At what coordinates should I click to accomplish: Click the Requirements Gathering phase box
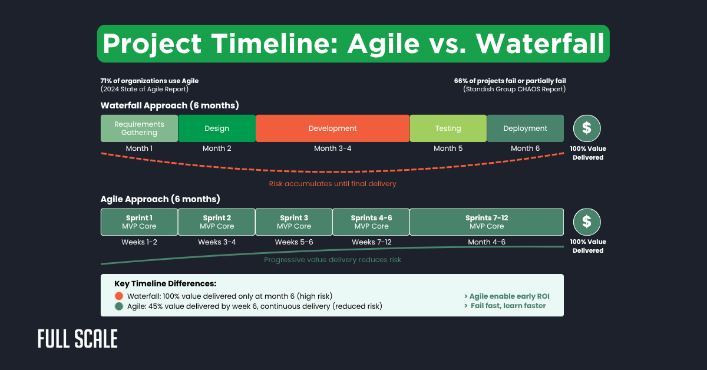(x=139, y=128)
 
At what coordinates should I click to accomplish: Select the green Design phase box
(x=217, y=128)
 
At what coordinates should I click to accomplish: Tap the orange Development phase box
(x=333, y=128)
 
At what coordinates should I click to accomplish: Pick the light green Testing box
(x=448, y=128)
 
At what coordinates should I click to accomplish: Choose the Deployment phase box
(x=525, y=128)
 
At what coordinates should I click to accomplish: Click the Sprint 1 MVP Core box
(x=139, y=222)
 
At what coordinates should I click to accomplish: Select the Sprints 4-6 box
(x=371, y=222)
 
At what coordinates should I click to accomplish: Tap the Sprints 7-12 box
(x=486, y=222)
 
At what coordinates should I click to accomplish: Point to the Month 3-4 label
(x=333, y=148)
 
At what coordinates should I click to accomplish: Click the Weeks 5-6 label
(x=294, y=242)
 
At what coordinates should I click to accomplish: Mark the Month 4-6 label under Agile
(x=486, y=242)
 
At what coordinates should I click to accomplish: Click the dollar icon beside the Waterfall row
(x=587, y=128)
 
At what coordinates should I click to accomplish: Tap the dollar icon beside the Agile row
(x=587, y=222)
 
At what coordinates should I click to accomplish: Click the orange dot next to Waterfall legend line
(x=119, y=296)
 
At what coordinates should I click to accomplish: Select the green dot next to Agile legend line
(x=119, y=306)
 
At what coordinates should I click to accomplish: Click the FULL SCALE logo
(x=78, y=339)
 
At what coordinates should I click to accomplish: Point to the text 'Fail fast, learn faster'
(x=508, y=306)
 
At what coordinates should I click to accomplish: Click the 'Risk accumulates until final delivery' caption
(x=332, y=184)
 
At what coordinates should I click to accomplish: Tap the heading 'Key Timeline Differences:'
(x=166, y=284)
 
